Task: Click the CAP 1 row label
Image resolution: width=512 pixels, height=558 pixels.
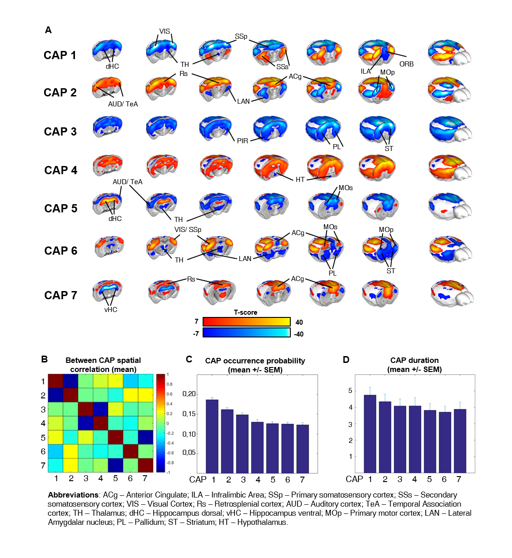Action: [x=60, y=55]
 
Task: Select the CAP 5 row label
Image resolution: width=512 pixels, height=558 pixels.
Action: [x=61, y=209]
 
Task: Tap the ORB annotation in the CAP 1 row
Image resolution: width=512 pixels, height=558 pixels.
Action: [x=406, y=64]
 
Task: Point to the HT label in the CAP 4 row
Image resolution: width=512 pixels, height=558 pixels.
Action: [x=300, y=180]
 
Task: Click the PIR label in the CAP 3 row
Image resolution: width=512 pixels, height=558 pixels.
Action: [x=243, y=141]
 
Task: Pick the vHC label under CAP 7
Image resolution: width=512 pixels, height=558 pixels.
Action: [x=111, y=310]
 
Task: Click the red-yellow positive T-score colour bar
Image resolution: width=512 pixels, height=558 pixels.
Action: [x=246, y=322]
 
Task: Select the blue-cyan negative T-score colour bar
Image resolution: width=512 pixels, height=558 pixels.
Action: [x=246, y=333]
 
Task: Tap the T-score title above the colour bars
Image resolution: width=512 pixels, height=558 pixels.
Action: [x=245, y=312]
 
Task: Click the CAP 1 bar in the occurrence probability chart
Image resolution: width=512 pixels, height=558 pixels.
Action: [x=212, y=437]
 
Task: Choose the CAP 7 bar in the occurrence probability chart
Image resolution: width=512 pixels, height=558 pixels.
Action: [x=303, y=449]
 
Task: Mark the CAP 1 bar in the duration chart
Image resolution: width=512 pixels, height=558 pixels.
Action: [x=370, y=434]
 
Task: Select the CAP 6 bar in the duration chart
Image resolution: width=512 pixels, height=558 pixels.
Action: [x=445, y=442]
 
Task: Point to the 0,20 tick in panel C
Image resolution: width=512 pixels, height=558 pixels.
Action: [x=189, y=394]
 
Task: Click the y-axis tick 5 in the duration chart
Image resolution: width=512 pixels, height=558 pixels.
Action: [x=350, y=391]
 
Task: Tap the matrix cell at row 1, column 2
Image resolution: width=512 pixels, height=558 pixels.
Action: [x=70, y=381]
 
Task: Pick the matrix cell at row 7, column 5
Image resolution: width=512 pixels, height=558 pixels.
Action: [x=115, y=465]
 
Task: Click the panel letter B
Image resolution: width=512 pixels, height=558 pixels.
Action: [x=45, y=359]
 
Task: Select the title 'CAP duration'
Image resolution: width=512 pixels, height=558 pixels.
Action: [x=414, y=360]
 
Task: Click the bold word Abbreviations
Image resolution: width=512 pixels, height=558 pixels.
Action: [x=73, y=495]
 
